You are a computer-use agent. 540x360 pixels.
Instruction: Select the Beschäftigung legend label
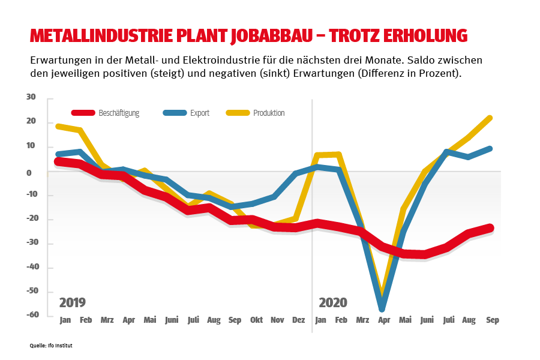coord(119,113)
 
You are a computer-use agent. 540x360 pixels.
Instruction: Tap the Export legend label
coord(199,113)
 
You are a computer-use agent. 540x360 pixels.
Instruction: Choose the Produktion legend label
coord(269,113)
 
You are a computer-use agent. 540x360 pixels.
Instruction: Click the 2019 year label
coord(72,302)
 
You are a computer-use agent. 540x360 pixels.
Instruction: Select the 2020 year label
coord(333,302)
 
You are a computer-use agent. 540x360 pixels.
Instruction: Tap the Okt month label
coord(256,320)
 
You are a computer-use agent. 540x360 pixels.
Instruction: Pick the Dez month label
coord(298,320)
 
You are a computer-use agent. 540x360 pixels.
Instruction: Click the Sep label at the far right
coord(492,320)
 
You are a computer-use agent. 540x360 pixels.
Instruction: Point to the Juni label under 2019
coord(171,320)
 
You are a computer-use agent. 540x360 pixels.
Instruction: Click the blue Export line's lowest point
coord(382,308)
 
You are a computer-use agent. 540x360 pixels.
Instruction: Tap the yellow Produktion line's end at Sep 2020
coord(490,118)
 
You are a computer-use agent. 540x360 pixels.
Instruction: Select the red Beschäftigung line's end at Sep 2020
coord(490,227)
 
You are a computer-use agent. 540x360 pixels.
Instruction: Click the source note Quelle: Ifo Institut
coord(51,346)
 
